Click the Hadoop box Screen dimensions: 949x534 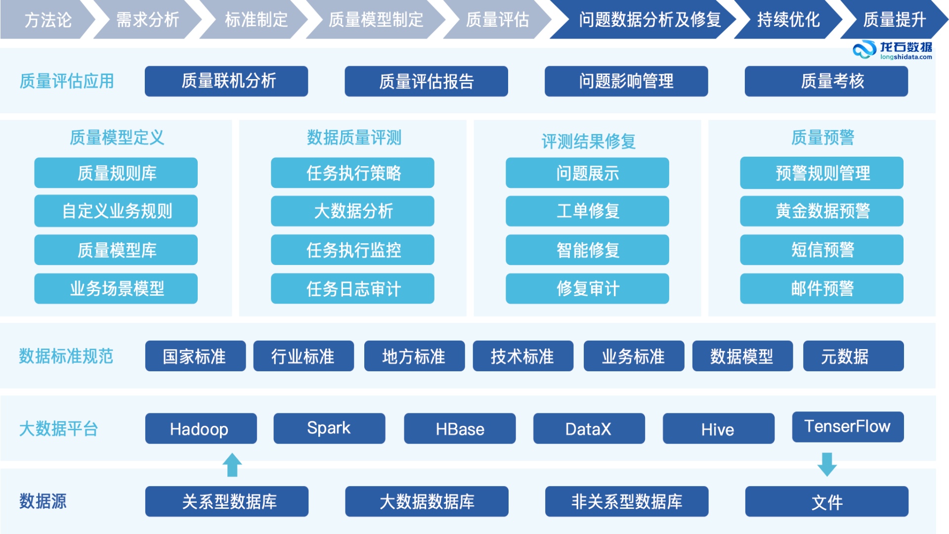point(201,429)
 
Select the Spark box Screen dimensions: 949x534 point(329,428)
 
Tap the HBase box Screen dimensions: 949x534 point(460,429)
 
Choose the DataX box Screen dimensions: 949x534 point(589,429)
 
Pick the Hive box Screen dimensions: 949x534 point(718,429)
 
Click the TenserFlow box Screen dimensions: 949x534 point(848,427)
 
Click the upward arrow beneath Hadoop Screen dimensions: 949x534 point(232,465)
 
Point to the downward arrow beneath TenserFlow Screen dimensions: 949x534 point(827,464)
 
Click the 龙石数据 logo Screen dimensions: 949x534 point(892,50)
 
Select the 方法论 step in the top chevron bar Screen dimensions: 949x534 point(47,20)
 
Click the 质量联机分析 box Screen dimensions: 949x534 point(226,81)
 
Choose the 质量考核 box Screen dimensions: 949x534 point(826,81)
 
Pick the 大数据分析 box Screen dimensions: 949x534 point(352,211)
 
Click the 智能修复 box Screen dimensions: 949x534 point(587,250)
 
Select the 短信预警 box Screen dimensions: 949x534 point(821,250)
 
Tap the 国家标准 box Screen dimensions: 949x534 point(195,356)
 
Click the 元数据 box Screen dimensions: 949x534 point(853,356)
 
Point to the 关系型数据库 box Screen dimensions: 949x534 point(227,501)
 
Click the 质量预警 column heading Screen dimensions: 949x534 point(822,137)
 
